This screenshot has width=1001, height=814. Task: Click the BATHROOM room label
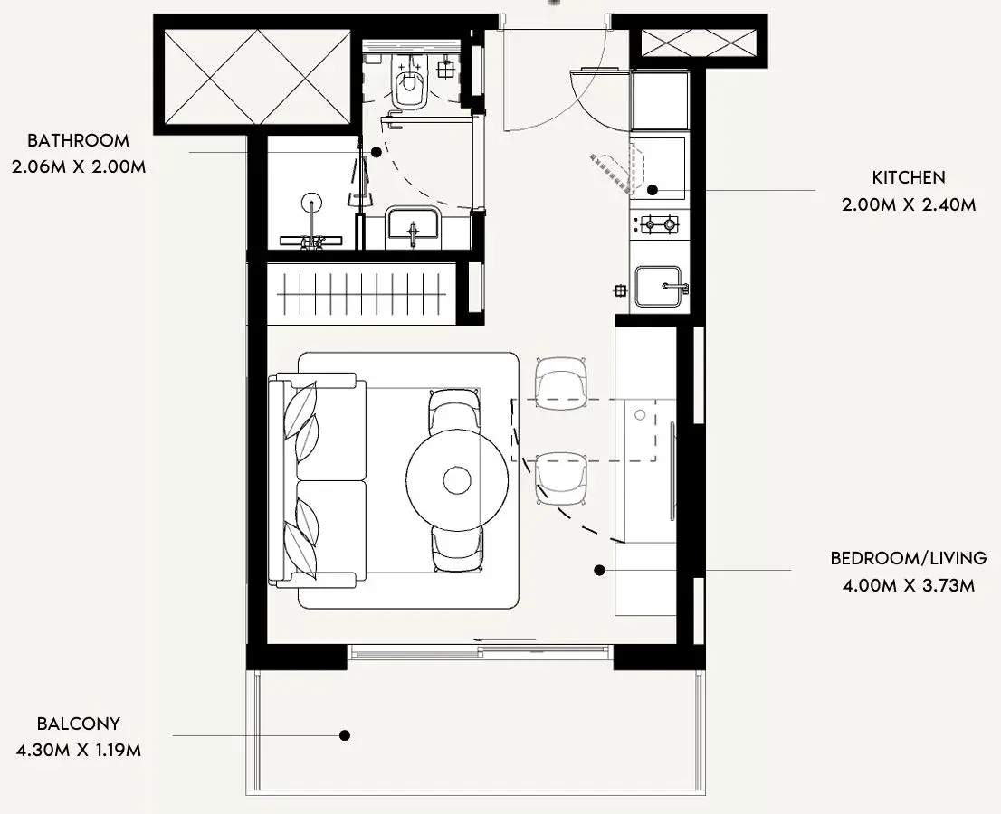click(78, 140)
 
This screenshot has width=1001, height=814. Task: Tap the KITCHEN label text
click(909, 177)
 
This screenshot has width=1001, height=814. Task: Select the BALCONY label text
click(79, 724)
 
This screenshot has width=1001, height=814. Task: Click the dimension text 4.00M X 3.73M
click(909, 585)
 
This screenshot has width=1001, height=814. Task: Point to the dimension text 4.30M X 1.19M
click(79, 750)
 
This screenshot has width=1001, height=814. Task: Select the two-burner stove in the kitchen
click(655, 224)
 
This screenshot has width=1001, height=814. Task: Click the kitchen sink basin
click(659, 287)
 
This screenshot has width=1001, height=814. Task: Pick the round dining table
click(457, 479)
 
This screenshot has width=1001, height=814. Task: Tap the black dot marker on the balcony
click(345, 735)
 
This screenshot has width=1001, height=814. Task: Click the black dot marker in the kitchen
click(653, 189)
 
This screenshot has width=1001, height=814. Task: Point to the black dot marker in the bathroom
click(377, 153)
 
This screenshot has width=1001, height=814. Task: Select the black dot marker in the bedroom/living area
click(599, 571)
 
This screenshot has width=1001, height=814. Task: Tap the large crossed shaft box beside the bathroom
click(257, 78)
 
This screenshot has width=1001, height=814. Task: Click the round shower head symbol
click(311, 203)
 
